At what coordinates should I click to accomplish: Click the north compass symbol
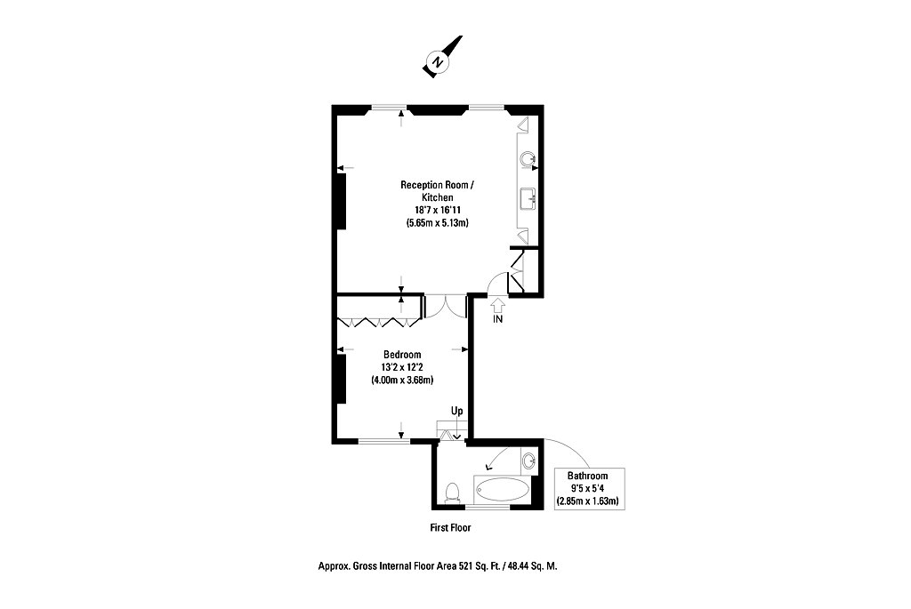[x=441, y=58]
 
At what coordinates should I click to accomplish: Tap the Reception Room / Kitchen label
[x=438, y=191]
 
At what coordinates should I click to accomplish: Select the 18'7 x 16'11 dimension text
[x=438, y=210]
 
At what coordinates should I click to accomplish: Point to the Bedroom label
[x=402, y=355]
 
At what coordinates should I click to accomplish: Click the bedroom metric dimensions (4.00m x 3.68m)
[x=402, y=381]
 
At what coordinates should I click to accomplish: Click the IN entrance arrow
[x=498, y=305]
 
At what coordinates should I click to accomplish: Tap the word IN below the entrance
[x=498, y=319]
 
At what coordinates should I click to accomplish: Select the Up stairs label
[x=457, y=411]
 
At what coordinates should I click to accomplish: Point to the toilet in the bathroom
[x=451, y=493]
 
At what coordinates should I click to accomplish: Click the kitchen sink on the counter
[x=528, y=198]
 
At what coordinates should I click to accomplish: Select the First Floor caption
[x=450, y=528]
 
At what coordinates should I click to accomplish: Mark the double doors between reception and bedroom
[x=446, y=306]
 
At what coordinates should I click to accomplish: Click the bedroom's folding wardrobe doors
[x=379, y=322]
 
